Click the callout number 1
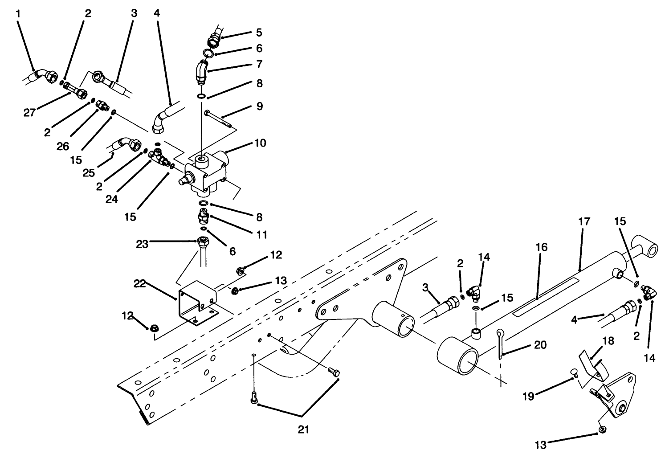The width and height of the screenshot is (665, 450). click(18, 14)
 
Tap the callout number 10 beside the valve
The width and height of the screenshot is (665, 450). click(260, 143)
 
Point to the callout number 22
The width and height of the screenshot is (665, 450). click(140, 284)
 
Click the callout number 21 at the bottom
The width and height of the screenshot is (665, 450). click(303, 430)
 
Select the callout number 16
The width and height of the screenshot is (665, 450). click(542, 247)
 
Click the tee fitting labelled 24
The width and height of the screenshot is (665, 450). click(159, 156)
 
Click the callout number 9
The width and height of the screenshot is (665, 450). click(259, 106)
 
